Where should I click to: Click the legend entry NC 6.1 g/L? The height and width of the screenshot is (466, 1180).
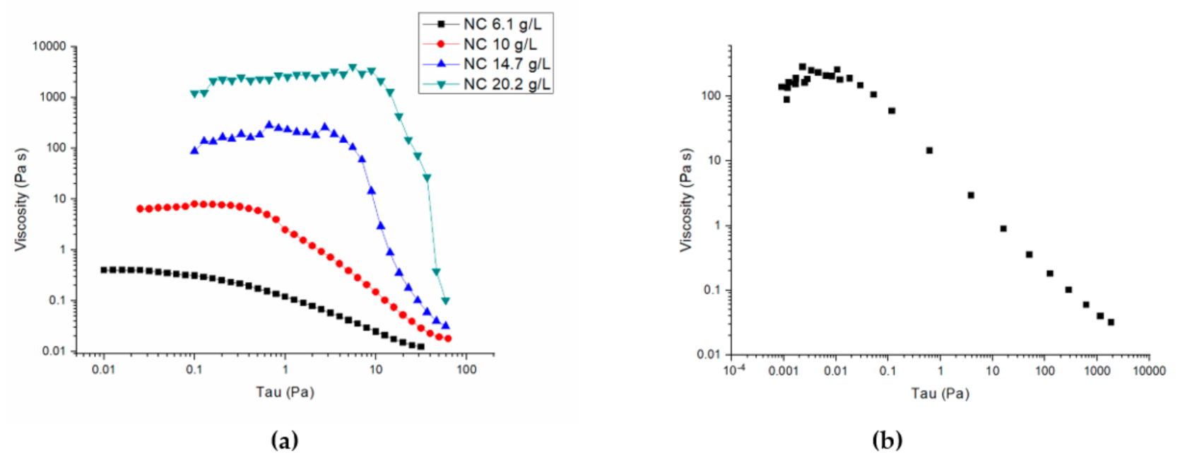point(502,25)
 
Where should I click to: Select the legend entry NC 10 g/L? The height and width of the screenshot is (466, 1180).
point(500,45)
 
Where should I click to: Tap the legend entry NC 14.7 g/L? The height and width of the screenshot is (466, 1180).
point(506,64)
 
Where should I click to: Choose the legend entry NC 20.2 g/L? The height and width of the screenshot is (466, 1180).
point(506,84)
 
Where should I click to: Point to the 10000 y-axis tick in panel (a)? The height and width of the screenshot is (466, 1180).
point(49,47)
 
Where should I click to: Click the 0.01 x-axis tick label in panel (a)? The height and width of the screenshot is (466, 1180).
point(104,370)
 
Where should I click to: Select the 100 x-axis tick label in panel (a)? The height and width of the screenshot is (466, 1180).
point(466,370)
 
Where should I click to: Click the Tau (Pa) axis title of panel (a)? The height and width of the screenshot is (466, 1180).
point(285,392)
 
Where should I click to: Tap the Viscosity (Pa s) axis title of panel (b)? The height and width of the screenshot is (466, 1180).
point(686,200)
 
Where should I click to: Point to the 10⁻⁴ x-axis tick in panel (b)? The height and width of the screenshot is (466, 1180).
point(735,371)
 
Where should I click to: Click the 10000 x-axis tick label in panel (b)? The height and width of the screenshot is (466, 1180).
point(1149,371)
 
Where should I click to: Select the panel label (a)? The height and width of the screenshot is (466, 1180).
point(285,441)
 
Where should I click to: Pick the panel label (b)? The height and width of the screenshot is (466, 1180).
point(887,441)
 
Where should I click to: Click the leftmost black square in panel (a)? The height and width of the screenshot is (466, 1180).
point(104,270)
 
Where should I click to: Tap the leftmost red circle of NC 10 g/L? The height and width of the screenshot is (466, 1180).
point(140,209)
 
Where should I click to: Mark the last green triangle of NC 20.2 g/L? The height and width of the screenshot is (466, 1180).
point(446,301)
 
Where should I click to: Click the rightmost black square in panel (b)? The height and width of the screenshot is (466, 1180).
point(1111,322)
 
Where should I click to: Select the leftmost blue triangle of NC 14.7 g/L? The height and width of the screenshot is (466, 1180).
point(194,151)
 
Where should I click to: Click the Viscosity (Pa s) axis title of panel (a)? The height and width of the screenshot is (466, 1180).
point(21,200)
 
